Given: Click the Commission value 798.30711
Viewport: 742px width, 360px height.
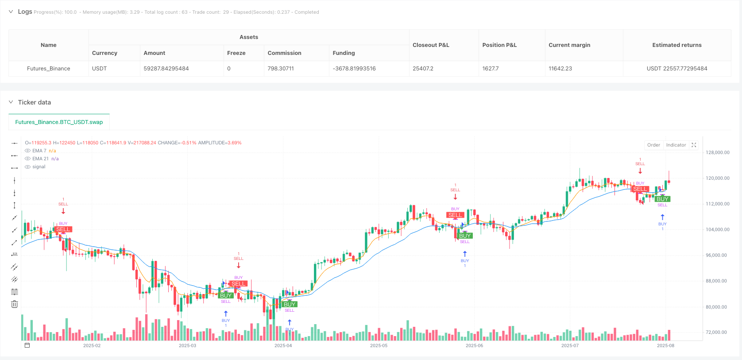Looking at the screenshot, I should (x=280, y=69).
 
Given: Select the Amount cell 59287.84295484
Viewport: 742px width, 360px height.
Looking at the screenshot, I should (x=166, y=69).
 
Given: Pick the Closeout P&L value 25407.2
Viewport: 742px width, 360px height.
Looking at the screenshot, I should (x=423, y=69).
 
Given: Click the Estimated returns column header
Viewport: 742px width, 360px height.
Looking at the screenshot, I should (x=676, y=45).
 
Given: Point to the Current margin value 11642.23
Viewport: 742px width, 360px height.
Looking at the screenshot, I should (x=560, y=69).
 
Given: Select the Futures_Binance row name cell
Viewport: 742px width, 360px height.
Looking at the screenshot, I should (x=48, y=69).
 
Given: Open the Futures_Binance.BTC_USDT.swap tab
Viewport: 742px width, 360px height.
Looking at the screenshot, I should (x=59, y=122).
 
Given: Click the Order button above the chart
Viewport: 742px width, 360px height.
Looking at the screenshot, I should (x=653, y=145).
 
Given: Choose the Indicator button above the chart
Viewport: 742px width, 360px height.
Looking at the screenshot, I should (x=676, y=145).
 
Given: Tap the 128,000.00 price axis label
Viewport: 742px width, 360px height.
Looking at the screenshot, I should (x=717, y=153).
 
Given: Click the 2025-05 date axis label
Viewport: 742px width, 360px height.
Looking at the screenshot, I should (x=379, y=345).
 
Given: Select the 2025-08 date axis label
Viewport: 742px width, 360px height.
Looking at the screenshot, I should (x=665, y=345).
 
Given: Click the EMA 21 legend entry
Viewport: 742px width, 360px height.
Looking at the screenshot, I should (x=40, y=159).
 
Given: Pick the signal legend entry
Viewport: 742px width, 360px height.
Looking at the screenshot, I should (x=39, y=167).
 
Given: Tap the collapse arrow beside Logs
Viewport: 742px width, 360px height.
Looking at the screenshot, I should (x=11, y=12).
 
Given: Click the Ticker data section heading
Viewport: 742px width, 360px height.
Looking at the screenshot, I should (x=34, y=102).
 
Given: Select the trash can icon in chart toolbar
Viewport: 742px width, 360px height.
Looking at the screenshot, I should (x=15, y=304).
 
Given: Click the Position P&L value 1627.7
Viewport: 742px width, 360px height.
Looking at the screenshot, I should (x=491, y=69).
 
